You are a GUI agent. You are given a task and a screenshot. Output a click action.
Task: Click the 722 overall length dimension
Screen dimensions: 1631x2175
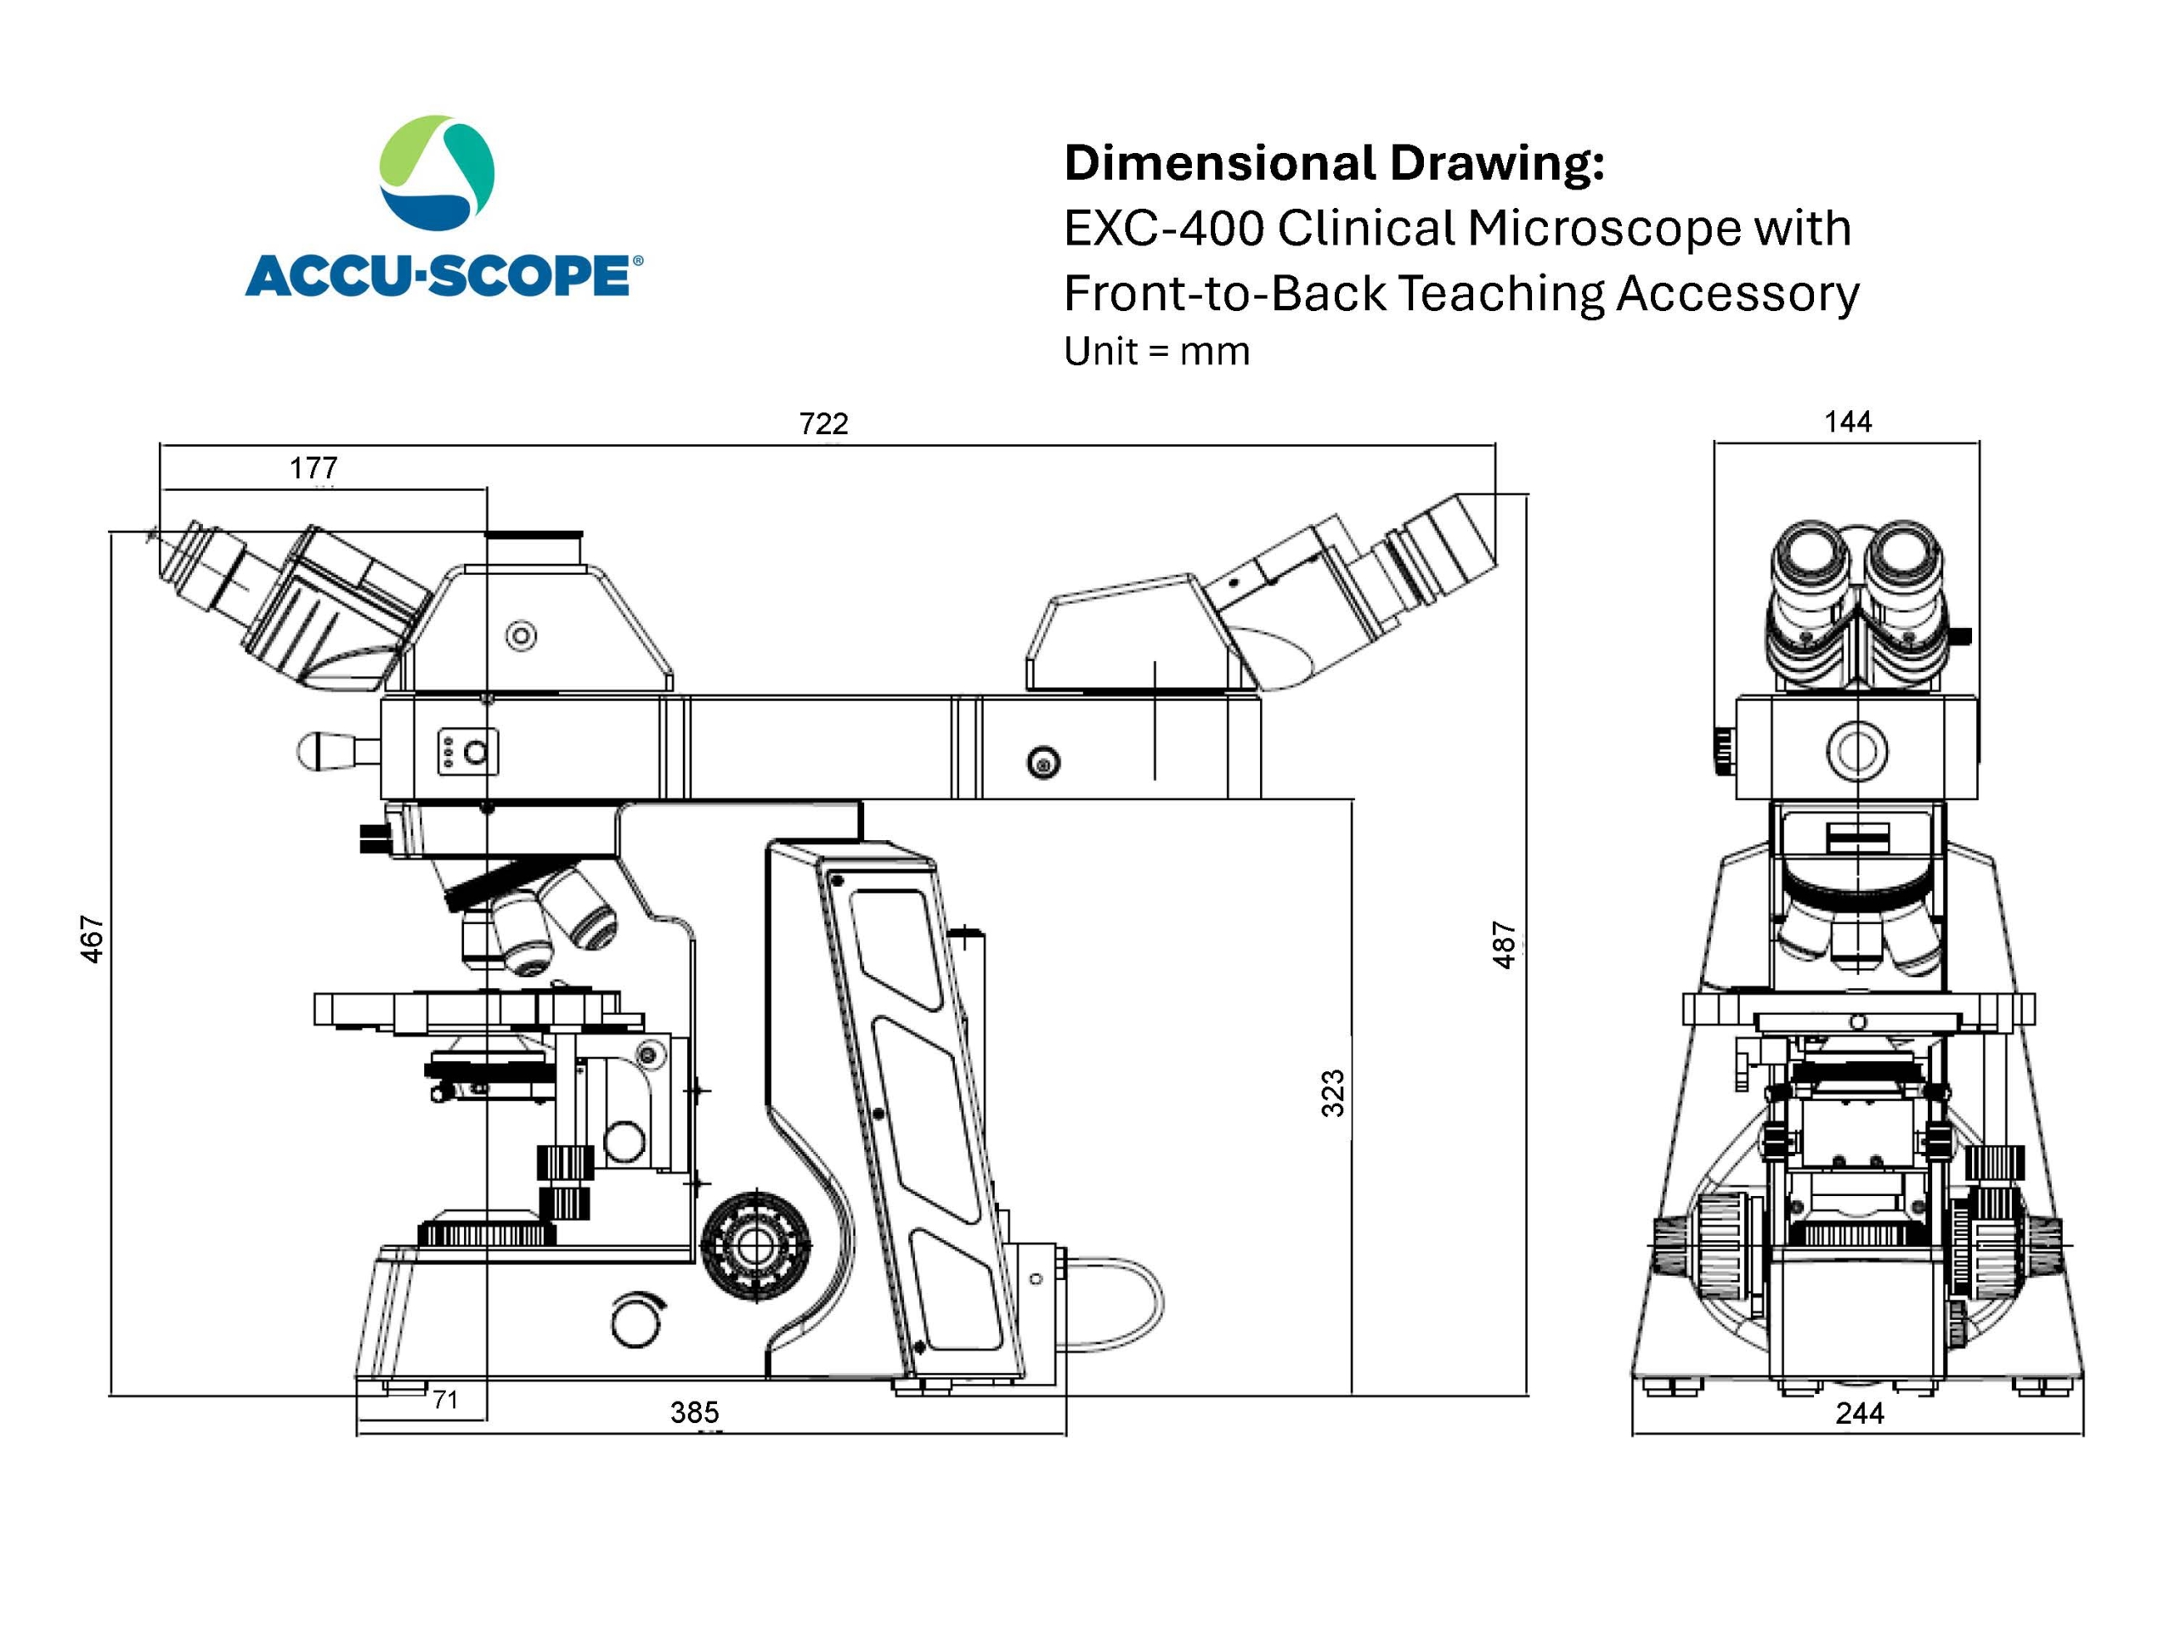823,424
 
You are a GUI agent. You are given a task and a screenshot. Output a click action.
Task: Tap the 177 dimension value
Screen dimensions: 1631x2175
313,468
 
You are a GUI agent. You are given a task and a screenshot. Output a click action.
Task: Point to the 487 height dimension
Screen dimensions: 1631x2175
1504,945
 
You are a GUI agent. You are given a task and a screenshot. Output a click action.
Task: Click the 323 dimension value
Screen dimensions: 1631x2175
1332,1093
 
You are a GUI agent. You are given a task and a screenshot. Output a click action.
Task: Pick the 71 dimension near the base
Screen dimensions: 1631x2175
445,1399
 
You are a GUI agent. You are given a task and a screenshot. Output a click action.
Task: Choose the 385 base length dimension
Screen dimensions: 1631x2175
694,1413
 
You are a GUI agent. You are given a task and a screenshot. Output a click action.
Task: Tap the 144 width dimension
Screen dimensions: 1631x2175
1848,421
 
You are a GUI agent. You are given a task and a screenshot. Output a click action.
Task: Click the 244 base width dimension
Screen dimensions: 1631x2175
1859,1413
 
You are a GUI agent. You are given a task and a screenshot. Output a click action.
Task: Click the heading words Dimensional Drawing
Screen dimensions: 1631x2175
1333,163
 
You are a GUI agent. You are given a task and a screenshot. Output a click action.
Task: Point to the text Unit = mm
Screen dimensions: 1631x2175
1156,352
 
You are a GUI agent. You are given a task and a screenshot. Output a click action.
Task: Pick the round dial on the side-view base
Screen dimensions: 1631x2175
636,1320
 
